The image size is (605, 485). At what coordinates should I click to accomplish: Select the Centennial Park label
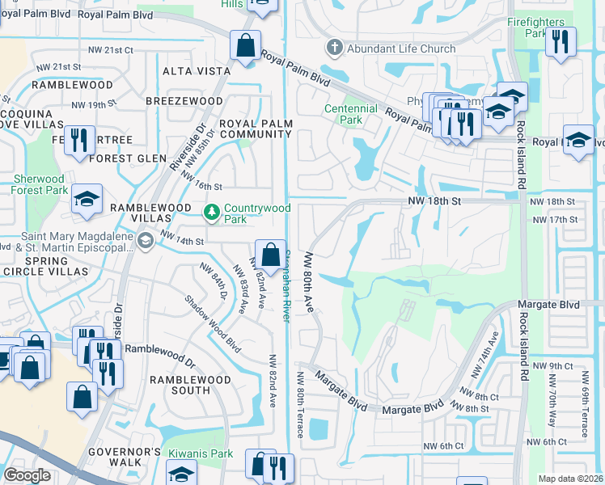(350, 114)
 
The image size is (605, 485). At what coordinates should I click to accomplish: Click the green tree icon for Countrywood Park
(212, 212)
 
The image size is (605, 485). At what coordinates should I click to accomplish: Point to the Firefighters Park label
(535, 27)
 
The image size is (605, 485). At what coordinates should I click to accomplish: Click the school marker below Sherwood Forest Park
(87, 198)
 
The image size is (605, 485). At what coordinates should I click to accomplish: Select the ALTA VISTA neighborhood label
(197, 71)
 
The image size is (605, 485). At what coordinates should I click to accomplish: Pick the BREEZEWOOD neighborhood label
(184, 100)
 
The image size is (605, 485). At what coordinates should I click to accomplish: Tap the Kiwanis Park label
(201, 454)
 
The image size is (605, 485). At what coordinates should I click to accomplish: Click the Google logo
(27, 475)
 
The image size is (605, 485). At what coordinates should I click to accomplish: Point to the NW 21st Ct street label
(111, 49)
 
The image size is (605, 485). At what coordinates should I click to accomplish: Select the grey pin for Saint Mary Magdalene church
(145, 240)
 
